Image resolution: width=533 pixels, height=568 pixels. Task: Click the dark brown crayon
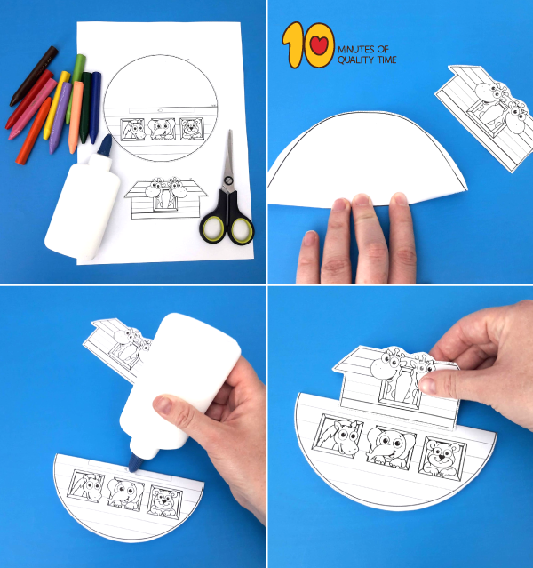(x=34, y=76)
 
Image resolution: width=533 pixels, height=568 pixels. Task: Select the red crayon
(x=29, y=99)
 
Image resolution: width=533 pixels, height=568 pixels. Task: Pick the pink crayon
(x=32, y=108)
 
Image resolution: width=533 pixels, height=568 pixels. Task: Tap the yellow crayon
(x=56, y=105)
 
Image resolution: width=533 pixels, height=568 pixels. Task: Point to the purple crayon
(x=60, y=117)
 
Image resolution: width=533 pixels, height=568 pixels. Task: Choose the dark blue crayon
(x=95, y=108)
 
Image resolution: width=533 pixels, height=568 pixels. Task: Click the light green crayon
(x=76, y=89)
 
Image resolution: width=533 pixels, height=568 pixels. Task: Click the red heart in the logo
(x=319, y=45)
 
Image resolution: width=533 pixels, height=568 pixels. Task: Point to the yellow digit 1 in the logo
(x=293, y=44)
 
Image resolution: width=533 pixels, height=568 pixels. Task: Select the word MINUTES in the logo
(x=356, y=49)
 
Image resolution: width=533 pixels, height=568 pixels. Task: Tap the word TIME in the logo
(x=387, y=60)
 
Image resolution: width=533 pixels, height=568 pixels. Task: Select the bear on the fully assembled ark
(x=442, y=458)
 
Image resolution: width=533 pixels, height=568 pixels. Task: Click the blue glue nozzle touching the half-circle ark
(x=136, y=462)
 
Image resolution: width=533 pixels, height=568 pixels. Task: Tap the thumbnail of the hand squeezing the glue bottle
(x=163, y=405)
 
